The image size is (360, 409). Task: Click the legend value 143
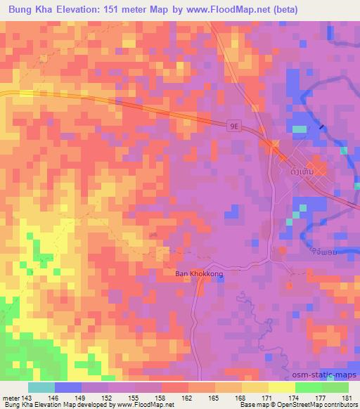[x=27, y=397]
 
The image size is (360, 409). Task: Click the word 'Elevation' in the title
[x=82, y=10]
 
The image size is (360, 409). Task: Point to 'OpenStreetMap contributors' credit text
[x=316, y=405]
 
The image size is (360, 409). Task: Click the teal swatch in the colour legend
[x=41, y=387]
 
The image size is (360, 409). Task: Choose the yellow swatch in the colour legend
[x=281, y=387]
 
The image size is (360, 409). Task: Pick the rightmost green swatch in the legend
[x=335, y=387]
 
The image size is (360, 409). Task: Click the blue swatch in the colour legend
[x=67, y=387]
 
